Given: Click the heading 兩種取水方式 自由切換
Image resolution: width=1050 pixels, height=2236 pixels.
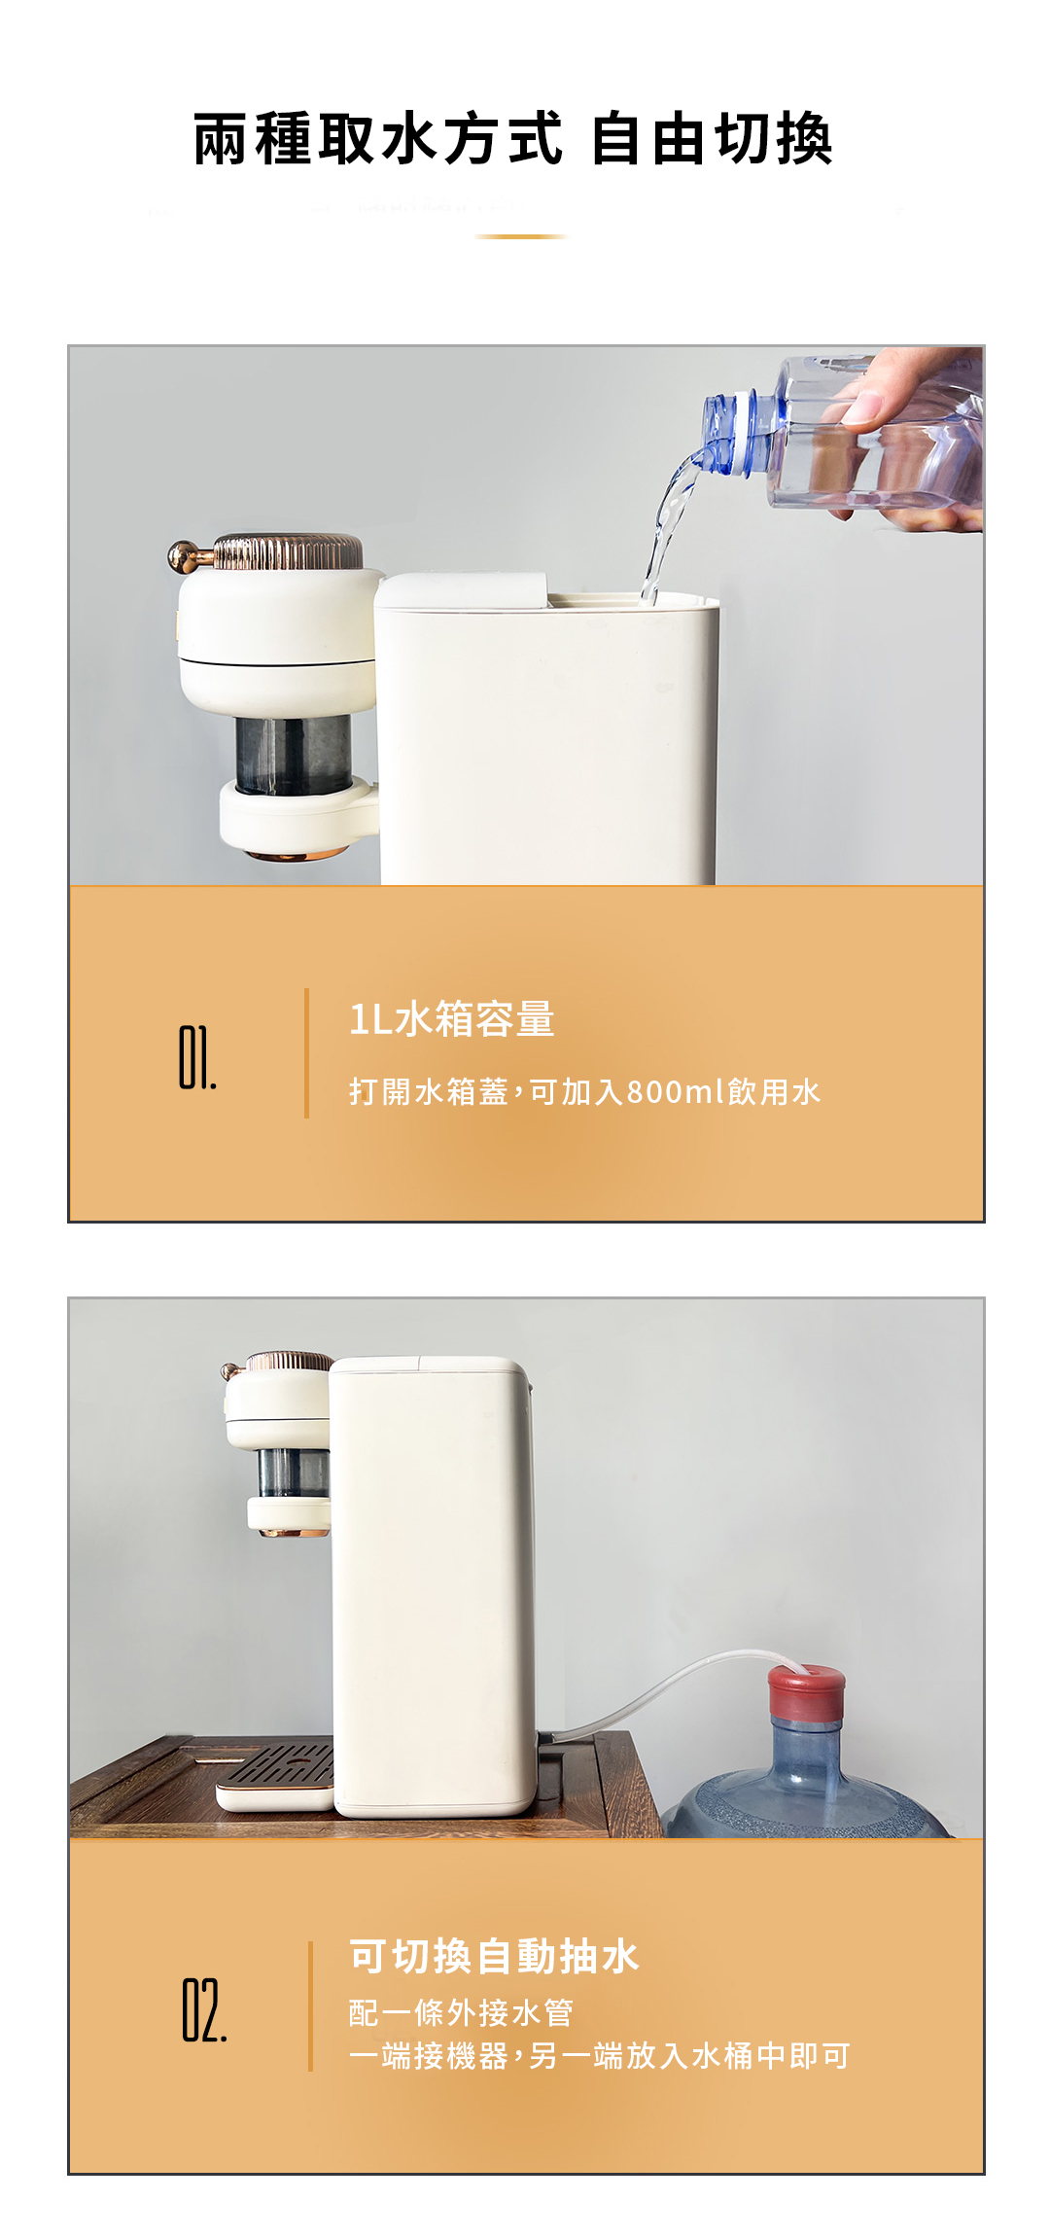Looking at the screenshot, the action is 512,139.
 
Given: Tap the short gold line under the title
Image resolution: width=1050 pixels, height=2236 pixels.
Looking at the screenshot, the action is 521,236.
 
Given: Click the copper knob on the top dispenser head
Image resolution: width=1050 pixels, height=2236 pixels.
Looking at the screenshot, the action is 182,555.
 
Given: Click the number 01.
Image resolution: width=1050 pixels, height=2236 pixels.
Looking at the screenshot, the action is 197,1057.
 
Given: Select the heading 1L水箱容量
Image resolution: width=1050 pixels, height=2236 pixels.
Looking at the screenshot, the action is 451,1018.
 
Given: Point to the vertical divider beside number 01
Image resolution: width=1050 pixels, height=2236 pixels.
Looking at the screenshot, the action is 306,1053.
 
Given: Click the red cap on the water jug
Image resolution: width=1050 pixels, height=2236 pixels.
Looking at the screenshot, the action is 806,1693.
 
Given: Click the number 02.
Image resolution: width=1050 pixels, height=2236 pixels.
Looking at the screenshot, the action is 204,2009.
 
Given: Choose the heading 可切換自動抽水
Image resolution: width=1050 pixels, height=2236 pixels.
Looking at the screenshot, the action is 494,1956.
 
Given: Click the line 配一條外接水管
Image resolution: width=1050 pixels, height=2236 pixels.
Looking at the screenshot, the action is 461,2012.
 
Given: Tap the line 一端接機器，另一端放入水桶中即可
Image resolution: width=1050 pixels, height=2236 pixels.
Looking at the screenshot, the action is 599,2056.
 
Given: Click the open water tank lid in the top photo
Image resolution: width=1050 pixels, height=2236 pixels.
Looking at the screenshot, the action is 463,590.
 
